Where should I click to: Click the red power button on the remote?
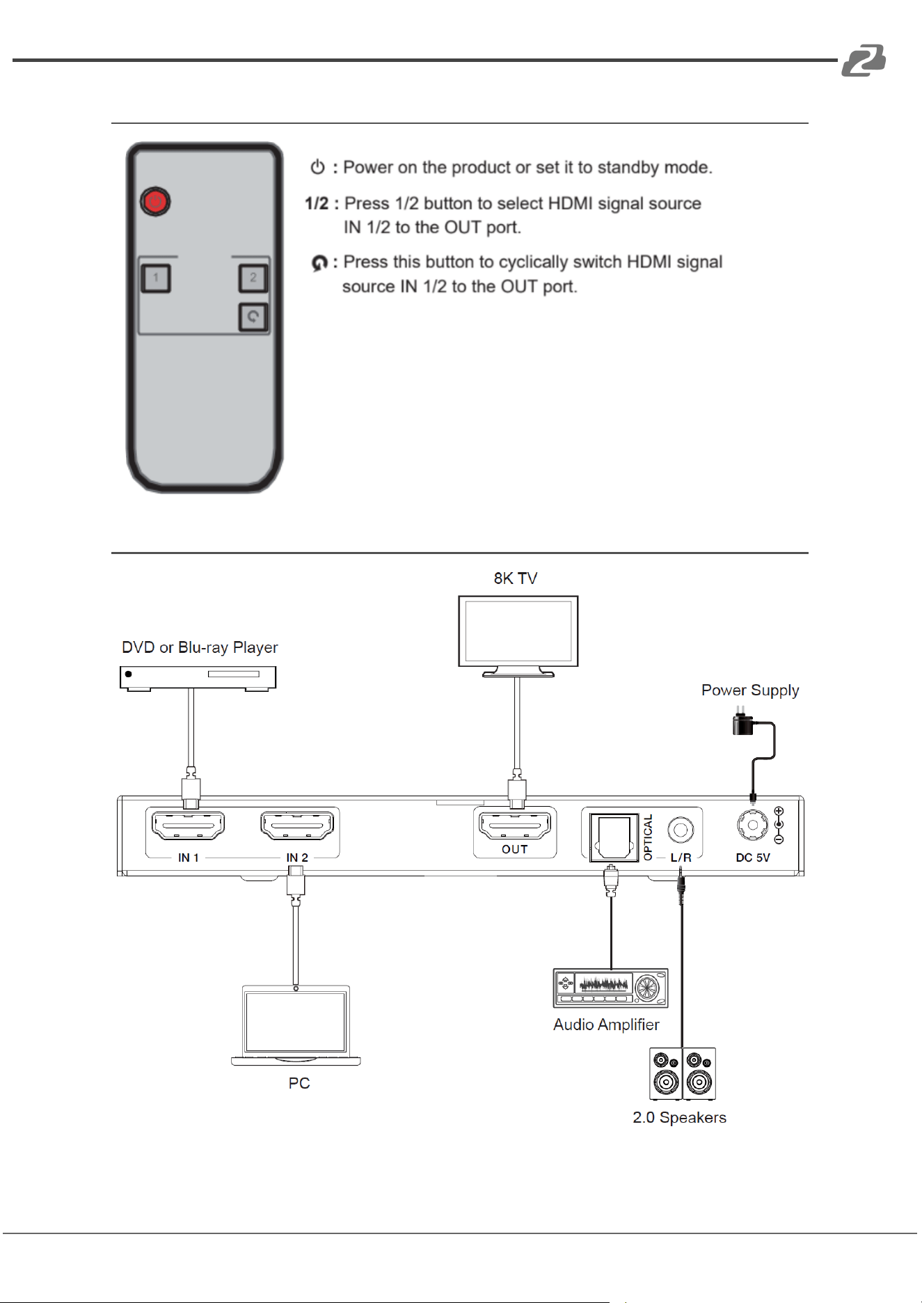155,202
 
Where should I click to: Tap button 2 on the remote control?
253,278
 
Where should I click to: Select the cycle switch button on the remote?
253,317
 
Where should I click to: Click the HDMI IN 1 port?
188,826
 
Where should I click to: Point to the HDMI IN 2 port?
297,826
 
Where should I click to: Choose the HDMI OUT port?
515,826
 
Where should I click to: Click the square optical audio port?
614,837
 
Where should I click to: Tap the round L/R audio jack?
681,830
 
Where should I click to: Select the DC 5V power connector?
753,826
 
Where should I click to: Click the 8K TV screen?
518,631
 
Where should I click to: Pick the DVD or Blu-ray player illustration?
198,678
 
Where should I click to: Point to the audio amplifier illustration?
610,988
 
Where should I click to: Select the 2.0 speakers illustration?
683,1074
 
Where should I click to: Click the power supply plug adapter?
742,722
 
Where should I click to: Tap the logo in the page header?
864,60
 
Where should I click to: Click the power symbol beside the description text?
318,167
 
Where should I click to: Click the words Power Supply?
750,690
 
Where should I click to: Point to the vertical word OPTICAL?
649,837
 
